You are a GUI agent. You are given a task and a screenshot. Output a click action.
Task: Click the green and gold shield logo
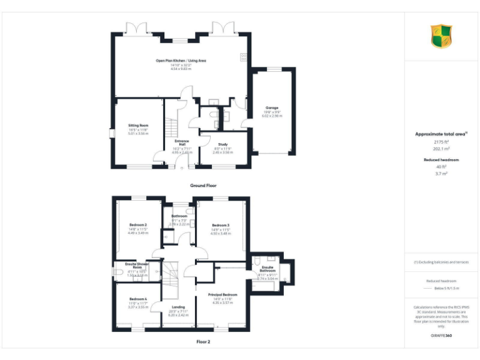(x=441, y=36)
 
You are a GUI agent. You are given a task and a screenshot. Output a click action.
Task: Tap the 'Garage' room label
(x=272, y=108)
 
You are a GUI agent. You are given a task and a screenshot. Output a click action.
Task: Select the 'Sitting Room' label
(x=138, y=125)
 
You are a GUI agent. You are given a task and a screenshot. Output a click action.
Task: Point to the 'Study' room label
(x=222, y=144)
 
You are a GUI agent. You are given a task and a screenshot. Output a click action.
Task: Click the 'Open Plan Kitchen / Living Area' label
(x=181, y=61)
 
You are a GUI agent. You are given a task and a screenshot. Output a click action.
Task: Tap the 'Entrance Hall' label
(x=181, y=142)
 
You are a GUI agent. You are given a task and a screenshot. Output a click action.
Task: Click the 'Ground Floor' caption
(x=203, y=186)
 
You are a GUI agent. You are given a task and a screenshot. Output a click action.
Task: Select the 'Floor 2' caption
(x=203, y=342)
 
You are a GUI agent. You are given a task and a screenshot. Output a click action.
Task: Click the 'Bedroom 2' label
(x=138, y=224)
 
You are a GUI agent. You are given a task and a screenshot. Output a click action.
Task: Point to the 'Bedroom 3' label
(x=221, y=225)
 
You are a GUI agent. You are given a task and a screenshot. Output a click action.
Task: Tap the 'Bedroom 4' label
(x=138, y=299)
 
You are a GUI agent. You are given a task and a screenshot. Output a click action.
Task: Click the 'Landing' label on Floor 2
(x=178, y=307)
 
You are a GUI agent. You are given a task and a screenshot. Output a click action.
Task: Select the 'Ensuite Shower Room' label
(x=136, y=266)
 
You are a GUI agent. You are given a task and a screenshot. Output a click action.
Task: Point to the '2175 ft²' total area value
(x=441, y=142)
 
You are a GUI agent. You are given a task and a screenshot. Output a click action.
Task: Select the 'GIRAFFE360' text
(x=441, y=336)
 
